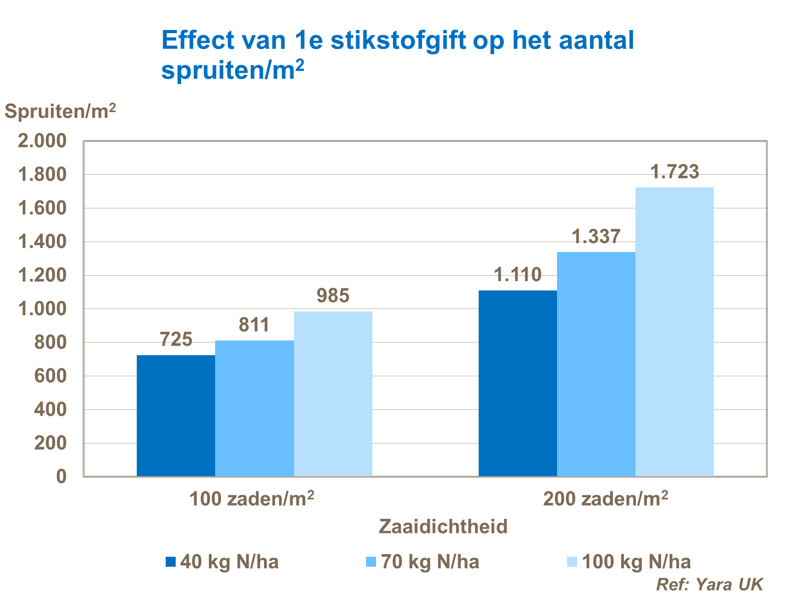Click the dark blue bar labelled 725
point(176,416)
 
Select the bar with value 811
point(255,408)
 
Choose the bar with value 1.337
point(596,364)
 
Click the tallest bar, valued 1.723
point(674,332)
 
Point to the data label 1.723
point(675,172)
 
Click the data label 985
point(333,296)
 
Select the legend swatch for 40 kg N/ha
point(170,562)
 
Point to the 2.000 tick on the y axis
point(43,141)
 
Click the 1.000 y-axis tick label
point(43,309)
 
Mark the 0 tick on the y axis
point(62,477)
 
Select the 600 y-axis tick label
point(50,376)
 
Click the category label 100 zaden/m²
point(251,498)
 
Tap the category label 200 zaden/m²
point(605,498)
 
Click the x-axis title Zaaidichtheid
point(443,527)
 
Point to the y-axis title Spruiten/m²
point(60,112)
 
